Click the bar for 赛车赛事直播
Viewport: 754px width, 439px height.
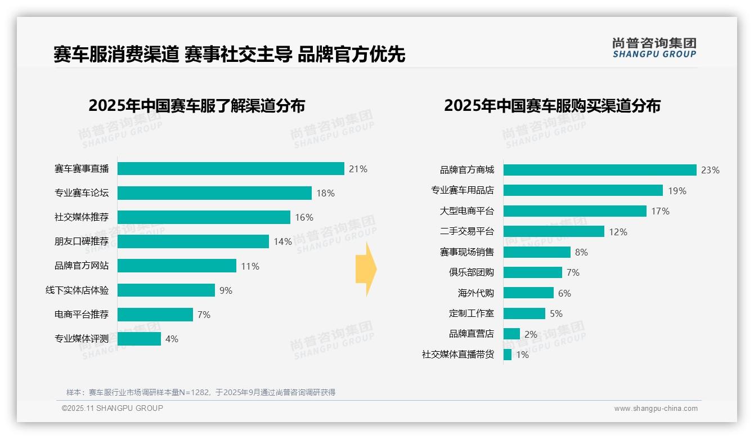231,169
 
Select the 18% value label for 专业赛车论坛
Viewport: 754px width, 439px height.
325,193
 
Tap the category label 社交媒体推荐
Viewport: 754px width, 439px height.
82,217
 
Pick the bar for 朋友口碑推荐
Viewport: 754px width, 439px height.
193,241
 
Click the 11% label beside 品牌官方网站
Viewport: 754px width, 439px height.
250,266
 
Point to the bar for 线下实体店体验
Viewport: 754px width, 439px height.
166,290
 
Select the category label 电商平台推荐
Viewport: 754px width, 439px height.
82,315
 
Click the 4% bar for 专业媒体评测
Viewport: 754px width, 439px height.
139,339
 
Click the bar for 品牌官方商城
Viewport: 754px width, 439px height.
600,170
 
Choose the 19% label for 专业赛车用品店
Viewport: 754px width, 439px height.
677,191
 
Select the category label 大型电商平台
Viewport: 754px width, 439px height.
466,211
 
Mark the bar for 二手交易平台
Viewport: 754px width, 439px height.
554,231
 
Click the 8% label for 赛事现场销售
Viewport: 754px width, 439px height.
581,252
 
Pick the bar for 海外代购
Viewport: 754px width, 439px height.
528,293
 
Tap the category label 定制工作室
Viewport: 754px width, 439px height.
471,313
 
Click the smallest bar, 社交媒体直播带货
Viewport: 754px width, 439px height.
508,355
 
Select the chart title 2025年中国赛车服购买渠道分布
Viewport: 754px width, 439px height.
552,106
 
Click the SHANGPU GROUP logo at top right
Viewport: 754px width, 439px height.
654,48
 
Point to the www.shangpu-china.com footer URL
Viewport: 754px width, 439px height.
656,409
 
